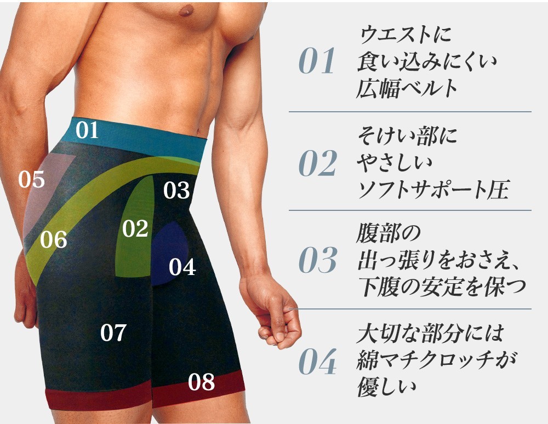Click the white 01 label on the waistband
(87, 130)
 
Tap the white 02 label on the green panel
(135, 228)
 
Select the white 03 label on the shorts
(176, 191)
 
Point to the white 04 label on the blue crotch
(182, 267)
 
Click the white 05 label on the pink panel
(31, 179)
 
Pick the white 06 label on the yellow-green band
(54, 239)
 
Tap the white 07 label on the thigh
(114, 333)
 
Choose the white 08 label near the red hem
(201, 382)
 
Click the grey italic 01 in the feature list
(317, 62)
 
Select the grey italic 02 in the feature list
(317, 163)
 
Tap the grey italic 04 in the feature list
(317, 362)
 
